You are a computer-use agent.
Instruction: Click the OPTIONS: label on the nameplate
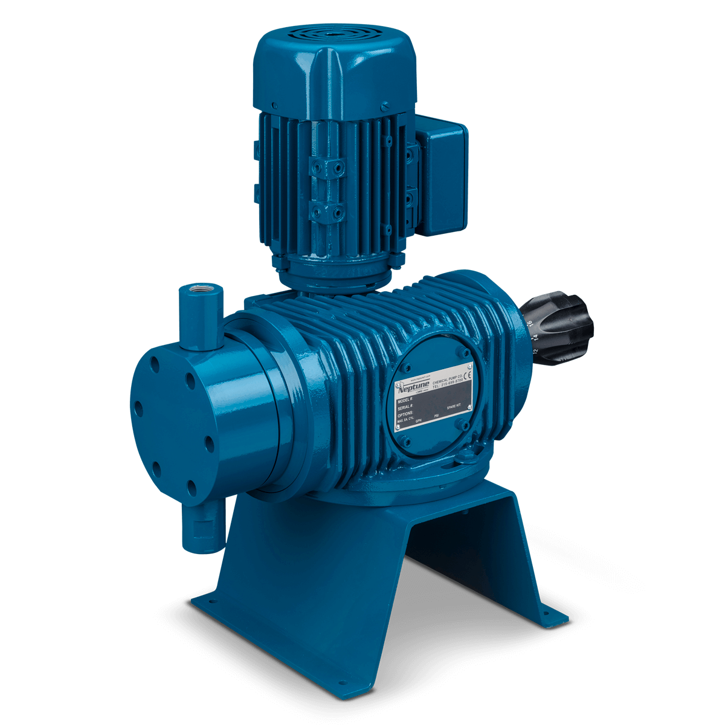point(406,415)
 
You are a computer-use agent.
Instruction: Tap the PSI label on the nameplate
point(437,416)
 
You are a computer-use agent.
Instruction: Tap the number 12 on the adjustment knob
point(535,350)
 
